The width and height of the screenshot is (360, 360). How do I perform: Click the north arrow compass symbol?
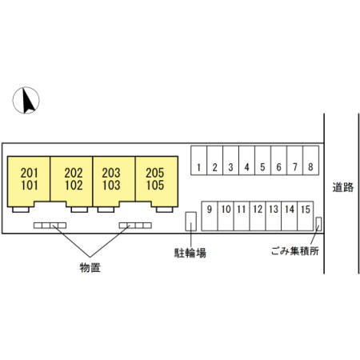pyautogui.click(x=26, y=100)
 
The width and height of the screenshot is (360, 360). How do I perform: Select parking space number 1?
pyautogui.click(x=199, y=160)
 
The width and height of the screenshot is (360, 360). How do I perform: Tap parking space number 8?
pyautogui.click(x=310, y=160)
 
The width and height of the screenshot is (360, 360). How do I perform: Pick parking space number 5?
pyautogui.click(x=262, y=160)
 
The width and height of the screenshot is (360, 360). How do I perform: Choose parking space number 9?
pyautogui.click(x=210, y=216)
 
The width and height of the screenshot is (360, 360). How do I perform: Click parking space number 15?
pyautogui.click(x=306, y=216)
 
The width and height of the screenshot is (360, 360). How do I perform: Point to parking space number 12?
pyautogui.click(x=258, y=216)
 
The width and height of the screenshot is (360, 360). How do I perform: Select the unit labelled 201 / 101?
pyautogui.click(x=29, y=182)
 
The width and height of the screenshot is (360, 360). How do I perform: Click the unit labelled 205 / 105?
pyautogui.click(x=157, y=182)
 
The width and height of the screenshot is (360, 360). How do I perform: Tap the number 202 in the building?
pyautogui.click(x=74, y=173)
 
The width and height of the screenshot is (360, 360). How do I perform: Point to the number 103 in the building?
pyautogui.click(x=111, y=185)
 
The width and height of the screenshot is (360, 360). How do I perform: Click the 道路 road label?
pyautogui.click(x=343, y=187)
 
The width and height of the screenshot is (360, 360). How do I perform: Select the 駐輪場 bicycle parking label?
pyautogui.click(x=190, y=253)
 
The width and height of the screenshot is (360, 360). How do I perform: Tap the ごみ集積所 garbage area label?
pyautogui.click(x=295, y=251)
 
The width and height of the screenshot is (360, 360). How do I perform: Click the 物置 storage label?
pyautogui.click(x=90, y=267)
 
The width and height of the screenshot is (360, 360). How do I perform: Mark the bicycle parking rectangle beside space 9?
pyautogui.click(x=191, y=222)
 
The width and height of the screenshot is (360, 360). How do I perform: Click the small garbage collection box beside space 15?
pyautogui.click(x=318, y=224)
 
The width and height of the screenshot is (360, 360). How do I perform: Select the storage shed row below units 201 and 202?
pyautogui.click(x=50, y=226)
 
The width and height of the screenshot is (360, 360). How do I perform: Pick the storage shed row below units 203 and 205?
pyautogui.click(x=135, y=226)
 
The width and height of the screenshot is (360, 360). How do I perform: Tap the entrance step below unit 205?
pyautogui.click(x=165, y=210)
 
